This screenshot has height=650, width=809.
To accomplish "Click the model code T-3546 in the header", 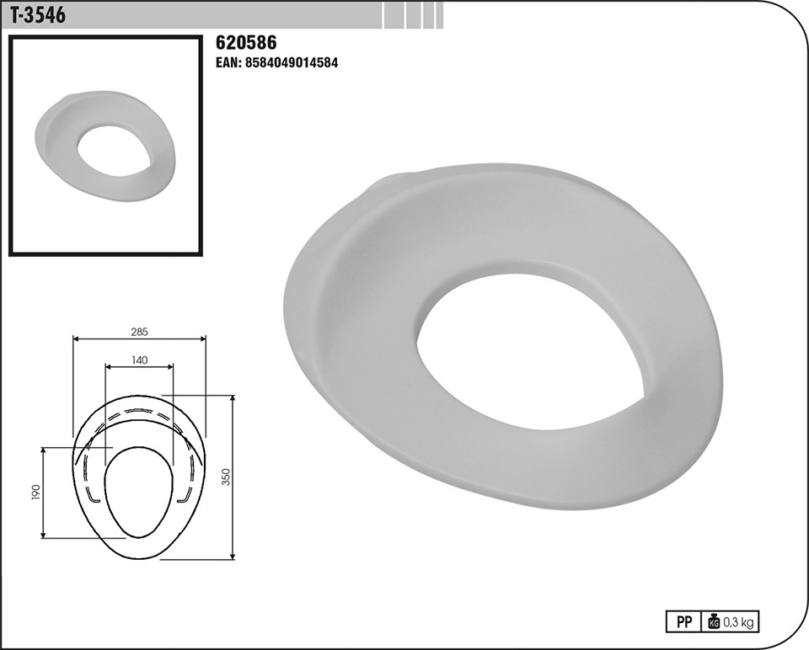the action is click(x=38, y=15).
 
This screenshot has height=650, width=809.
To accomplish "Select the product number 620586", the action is click(x=246, y=42).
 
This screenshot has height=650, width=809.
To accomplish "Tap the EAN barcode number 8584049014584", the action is click(x=276, y=63).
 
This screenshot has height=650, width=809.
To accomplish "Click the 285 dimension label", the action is click(x=139, y=332).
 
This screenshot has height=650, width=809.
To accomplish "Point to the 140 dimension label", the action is click(x=139, y=360).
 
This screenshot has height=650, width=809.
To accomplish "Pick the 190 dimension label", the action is click(x=35, y=493).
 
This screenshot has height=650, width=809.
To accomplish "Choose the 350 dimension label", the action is click(x=226, y=477).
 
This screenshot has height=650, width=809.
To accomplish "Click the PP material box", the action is click(x=683, y=621).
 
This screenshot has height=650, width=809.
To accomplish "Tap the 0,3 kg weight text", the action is click(x=738, y=622).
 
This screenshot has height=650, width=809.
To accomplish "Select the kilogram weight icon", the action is click(x=714, y=621).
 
